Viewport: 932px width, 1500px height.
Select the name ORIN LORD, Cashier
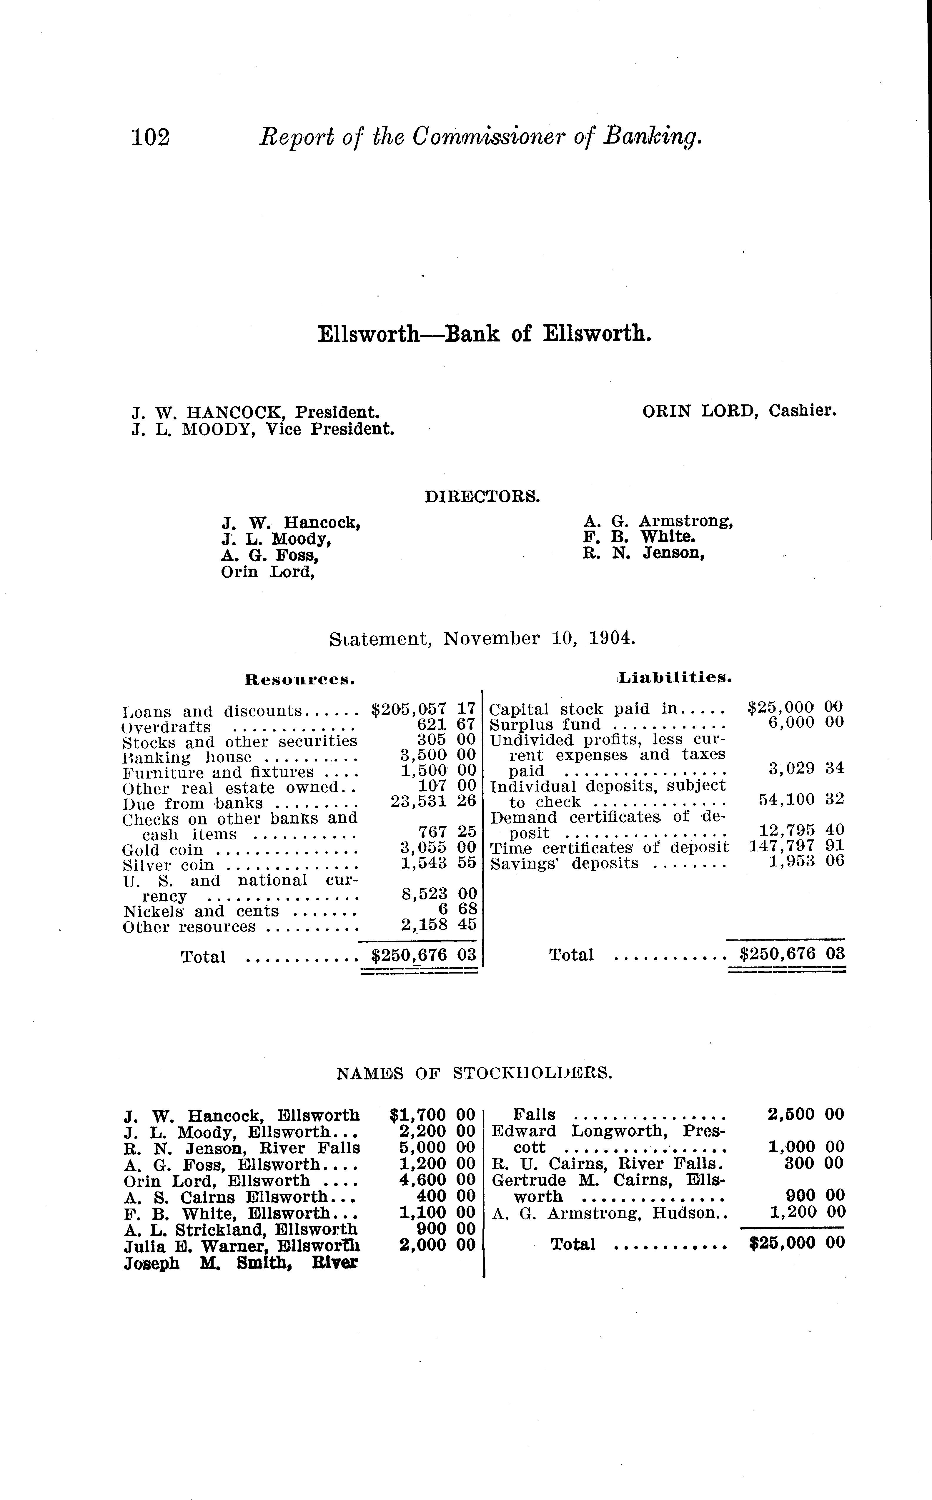tap(739, 411)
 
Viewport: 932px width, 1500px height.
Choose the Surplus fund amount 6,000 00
tap(805, 722)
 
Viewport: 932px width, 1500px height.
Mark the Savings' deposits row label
tap(565, 863)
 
